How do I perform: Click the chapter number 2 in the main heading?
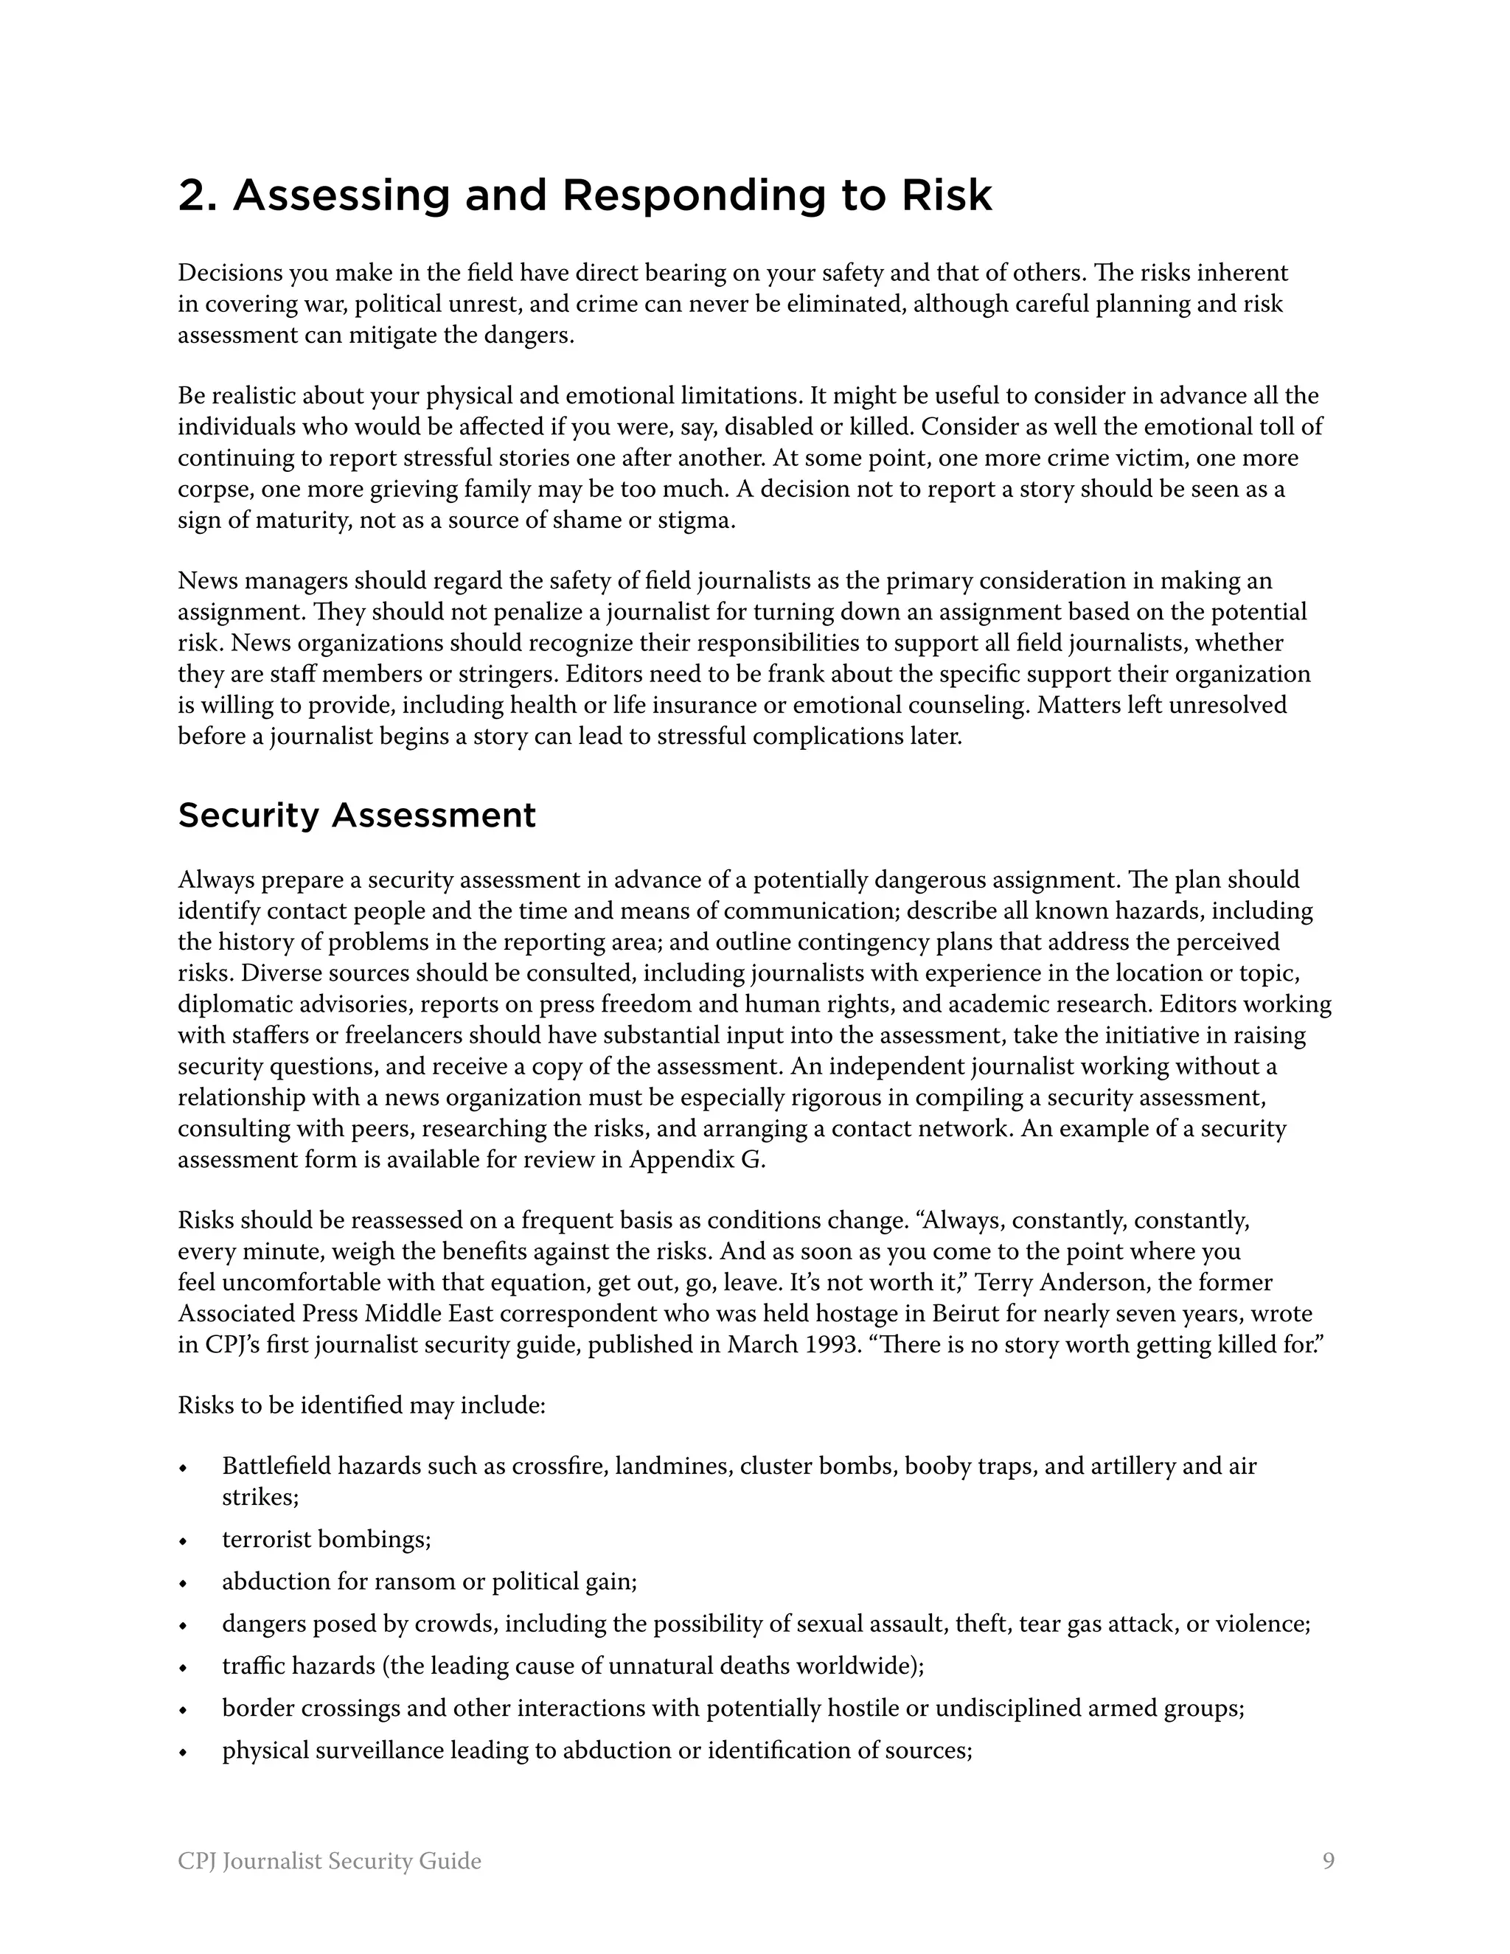pos(192,196)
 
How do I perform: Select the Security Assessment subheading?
pos(357,815)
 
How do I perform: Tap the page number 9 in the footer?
pos(1327,1861)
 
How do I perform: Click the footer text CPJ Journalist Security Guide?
pos(329,1861)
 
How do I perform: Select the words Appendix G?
pos(697,1160)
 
